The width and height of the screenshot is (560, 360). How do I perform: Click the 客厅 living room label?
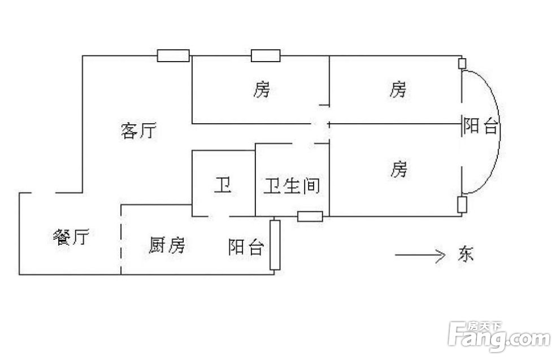click(x=138, y=131)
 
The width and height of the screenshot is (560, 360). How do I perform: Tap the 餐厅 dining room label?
click(x=71, y=236)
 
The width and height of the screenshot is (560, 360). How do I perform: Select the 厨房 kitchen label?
click(x=167, y=245)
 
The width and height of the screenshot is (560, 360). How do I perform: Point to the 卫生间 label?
click(x=292, y=186)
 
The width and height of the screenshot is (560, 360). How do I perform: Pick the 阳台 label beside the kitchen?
click(x=246, y=247)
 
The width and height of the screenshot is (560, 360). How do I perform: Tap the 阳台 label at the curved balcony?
click(x=480, y=125)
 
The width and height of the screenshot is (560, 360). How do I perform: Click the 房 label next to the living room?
click(x=262, y=89)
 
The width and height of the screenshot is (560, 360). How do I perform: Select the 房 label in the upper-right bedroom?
click(x=398, y=89)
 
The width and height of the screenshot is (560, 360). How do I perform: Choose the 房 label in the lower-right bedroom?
click(x=398, y=169)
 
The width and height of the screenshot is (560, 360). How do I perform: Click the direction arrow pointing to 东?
click(x=420, y=255)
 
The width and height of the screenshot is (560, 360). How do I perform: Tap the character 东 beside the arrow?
click(x=466, y=254)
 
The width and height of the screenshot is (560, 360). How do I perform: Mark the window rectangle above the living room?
click(x=173, y=56)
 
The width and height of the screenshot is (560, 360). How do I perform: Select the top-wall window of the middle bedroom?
click(x=266, y=56)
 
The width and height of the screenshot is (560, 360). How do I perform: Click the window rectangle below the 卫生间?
click(x=310, y=216)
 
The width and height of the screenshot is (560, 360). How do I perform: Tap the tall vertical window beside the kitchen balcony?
click(x=275, y=245)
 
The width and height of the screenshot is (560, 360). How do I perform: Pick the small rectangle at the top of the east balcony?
click(x=462, y=63)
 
